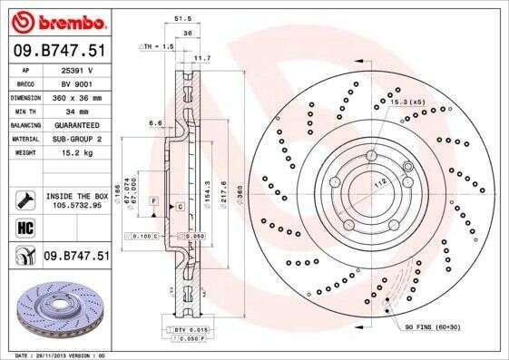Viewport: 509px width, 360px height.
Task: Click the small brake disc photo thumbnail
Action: coord(56,308)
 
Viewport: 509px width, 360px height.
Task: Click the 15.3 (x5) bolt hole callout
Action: coord(406,102)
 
